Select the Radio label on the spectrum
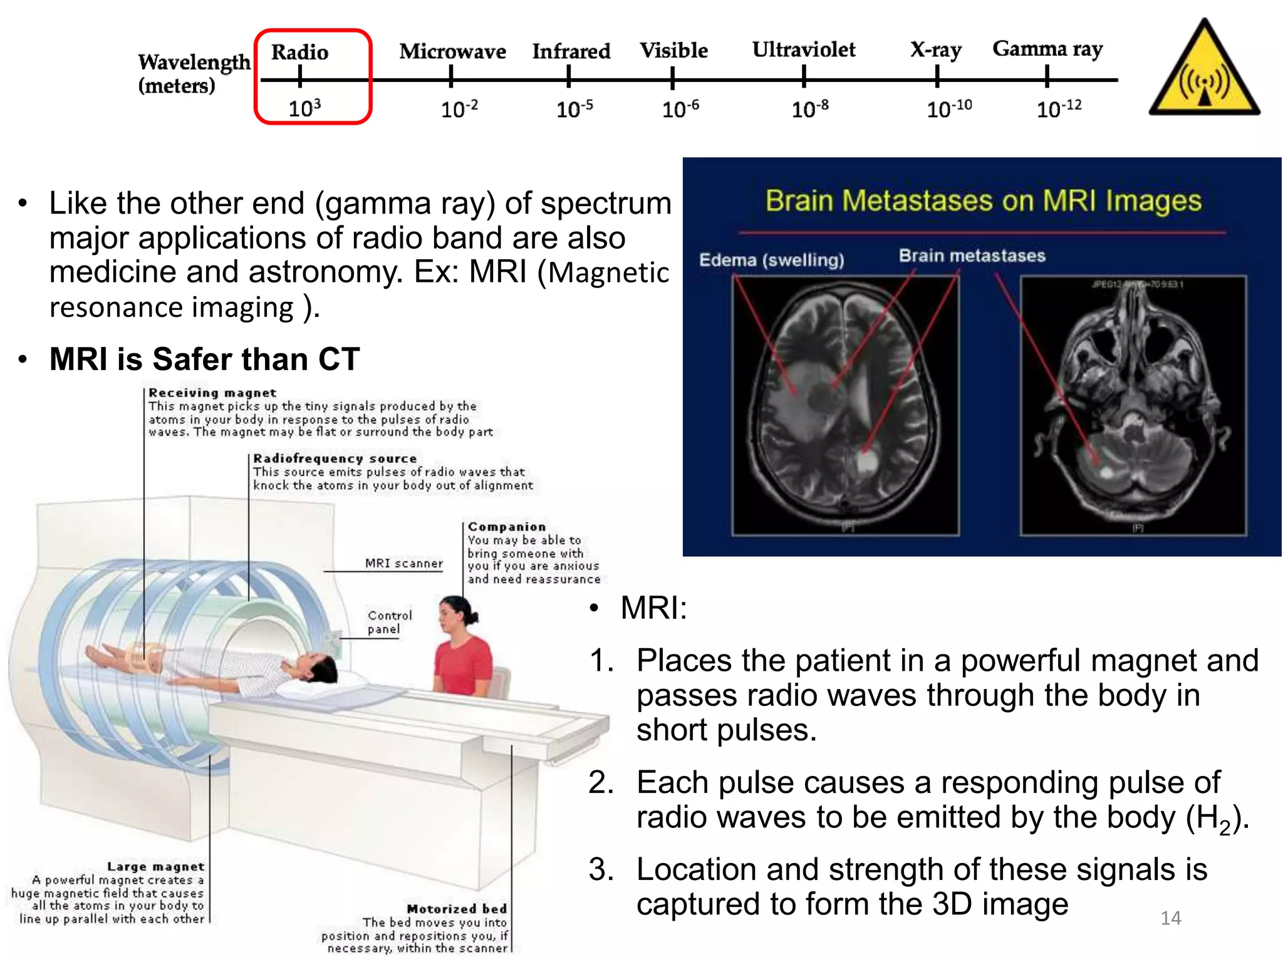click(299, 52)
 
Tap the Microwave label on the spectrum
click(452, 51)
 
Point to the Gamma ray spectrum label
click(1047, 49)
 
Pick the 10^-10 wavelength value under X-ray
click(948, 109)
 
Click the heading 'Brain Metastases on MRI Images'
click(983, 201)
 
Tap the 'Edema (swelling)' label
click(771, 259)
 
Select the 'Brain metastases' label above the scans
click(972, 256)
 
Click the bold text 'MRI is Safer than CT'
click(204, 359)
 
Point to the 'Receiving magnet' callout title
click(212, 393)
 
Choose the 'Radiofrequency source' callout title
click(335, 458)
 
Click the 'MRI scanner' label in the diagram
click(403, 563)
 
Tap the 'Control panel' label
click(389, 622)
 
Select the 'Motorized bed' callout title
click(456, 909)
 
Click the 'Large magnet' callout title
click(155, 867)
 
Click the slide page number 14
click(1170, 918)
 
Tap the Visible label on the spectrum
click(673, 51)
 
